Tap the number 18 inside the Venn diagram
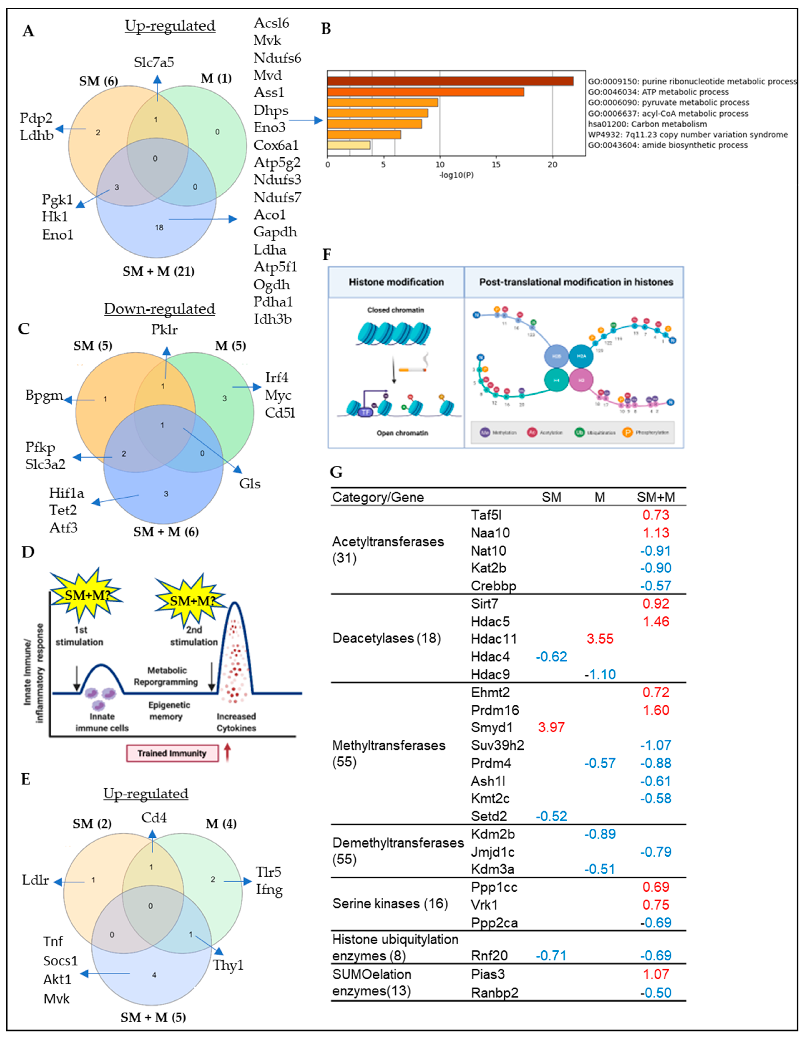click(x=159, y=228)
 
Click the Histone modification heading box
click(x=396, y=282)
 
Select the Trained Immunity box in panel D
click(x=172, y=753)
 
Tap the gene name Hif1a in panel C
click(x=66, y=493)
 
